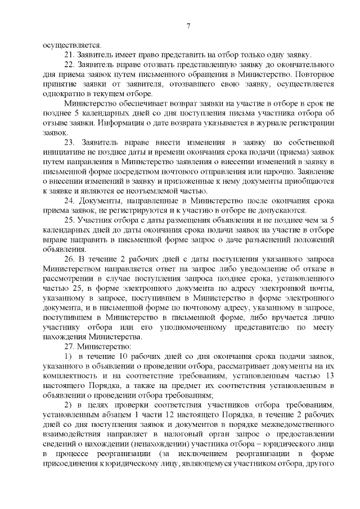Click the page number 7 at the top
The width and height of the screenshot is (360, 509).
click(x=189, y=26)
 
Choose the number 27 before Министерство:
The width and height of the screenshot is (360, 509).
click(x=69, y=346)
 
